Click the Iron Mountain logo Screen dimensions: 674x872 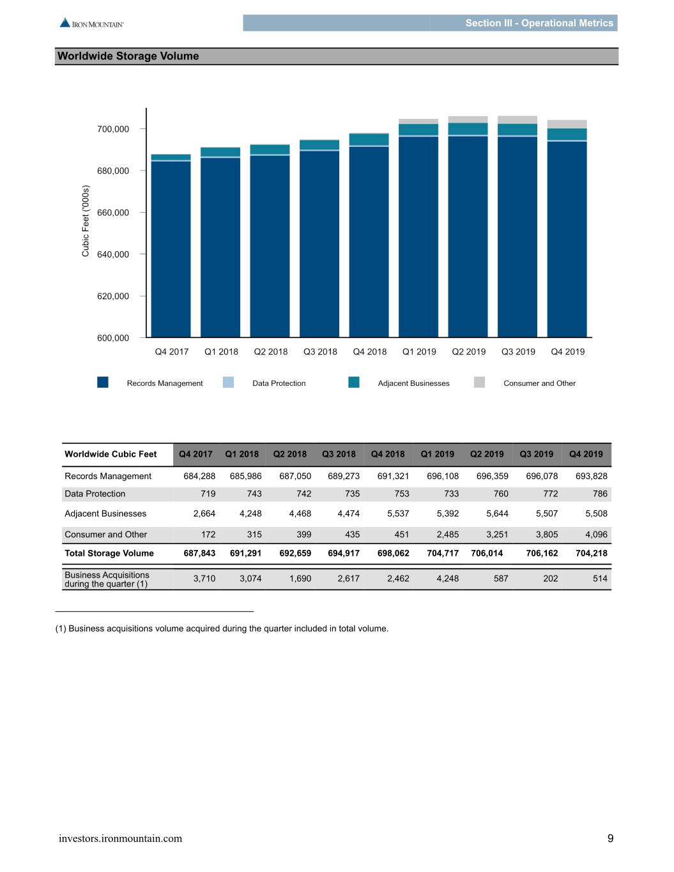[91, 23]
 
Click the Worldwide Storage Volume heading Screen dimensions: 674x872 [128, 56]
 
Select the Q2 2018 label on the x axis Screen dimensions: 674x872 [270, 351]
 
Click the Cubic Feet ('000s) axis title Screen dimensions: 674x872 [85, 220]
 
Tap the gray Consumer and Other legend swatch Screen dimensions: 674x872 [479, 382]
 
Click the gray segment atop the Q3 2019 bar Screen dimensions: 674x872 [517, 119]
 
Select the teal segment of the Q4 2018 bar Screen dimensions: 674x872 [369, 139]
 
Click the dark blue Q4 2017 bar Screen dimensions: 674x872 [171, 249]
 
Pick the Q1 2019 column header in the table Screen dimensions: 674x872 [437, 454]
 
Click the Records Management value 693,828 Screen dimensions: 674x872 [592, 476]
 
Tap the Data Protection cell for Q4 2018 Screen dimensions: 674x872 [402, 494]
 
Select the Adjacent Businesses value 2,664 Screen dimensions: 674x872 [204, 513]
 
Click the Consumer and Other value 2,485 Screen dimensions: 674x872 [448, 534]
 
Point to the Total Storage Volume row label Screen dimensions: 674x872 [109, 553]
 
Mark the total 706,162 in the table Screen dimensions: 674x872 [542, 553]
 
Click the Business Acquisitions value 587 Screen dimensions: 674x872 [501, 578]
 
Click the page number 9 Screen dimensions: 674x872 [610, 838]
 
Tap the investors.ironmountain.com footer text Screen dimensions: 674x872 [120, 838]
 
